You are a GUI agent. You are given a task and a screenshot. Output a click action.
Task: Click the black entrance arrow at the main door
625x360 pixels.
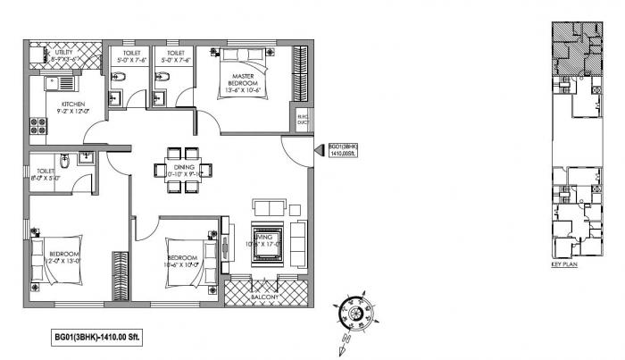(x=318, y=154)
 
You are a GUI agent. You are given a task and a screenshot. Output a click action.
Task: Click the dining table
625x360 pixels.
(x=183, y=169)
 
